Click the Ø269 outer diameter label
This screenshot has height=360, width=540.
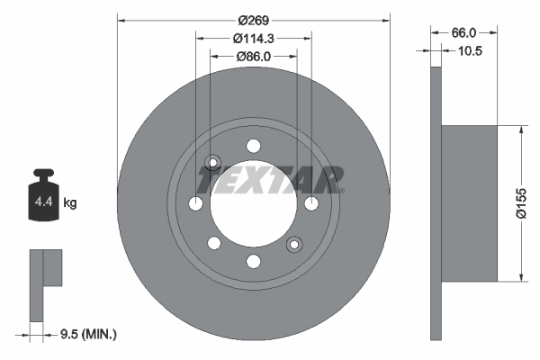[254, 19]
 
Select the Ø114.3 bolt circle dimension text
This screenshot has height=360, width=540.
[254, 38]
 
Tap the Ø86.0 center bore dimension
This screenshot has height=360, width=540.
[254, 56]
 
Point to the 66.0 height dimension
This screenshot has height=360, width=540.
[464, 31]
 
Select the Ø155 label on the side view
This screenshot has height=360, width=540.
[522, 203]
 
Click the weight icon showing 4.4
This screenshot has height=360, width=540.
[43, 197]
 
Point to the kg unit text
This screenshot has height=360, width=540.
[70, 203]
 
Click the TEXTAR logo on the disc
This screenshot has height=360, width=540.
[270, 180]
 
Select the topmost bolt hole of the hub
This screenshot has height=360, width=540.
[254, 146]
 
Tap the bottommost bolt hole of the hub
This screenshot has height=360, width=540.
[254, 261]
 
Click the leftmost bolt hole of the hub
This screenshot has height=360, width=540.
[196, 203]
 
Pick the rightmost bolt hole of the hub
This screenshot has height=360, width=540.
[311, 203]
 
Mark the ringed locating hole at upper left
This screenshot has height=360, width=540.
[213, 163]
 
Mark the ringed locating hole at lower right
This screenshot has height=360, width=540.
[293, 244]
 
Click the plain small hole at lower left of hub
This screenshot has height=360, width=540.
[214, 243]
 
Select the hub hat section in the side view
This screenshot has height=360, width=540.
[468, 203]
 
